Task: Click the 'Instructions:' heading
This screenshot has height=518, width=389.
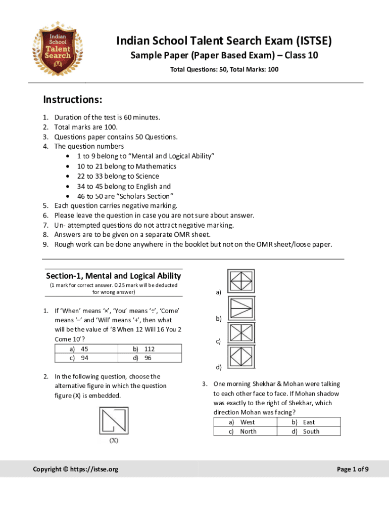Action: point(73,99)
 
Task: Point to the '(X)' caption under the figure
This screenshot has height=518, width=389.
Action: point(114,441)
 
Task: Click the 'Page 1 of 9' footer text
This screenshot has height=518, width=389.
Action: point(353,469)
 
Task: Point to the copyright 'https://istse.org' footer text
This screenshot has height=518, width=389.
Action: point(76,469)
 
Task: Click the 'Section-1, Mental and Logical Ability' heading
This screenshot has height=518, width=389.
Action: point(113,276)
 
